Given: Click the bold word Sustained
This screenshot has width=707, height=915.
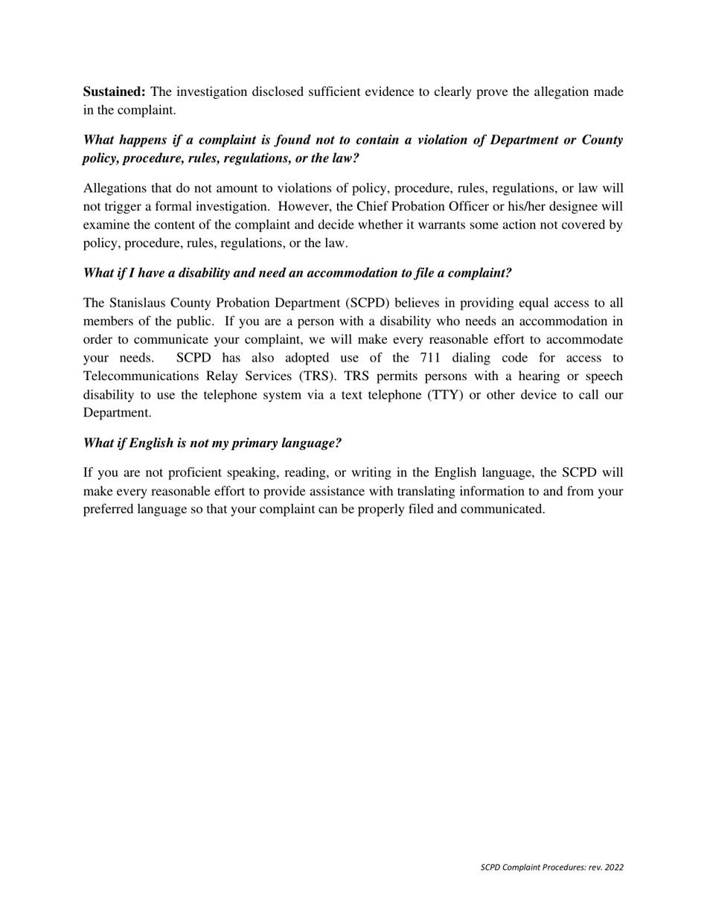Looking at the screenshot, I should pos(114,91).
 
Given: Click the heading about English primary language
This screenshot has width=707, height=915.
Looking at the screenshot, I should pos(212,443).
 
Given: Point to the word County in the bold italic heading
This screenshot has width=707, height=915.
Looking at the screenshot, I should pos(602,140).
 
